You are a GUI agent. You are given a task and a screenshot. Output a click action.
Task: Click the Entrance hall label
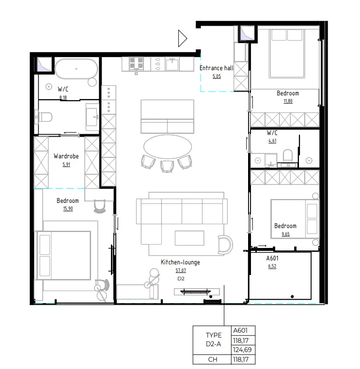tap(216, 68)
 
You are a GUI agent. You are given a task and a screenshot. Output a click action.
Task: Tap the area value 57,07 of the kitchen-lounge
tap(180, 271)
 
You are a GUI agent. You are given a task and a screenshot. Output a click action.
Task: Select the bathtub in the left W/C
tap(76, 69)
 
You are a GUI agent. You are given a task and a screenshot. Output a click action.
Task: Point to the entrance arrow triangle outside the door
tap(182, 38)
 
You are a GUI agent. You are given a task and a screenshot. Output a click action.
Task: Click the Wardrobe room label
tap(66, 156)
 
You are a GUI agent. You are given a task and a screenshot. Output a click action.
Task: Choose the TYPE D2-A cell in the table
tap(213, 340)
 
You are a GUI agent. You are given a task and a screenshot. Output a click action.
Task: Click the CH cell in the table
tap(213, 359)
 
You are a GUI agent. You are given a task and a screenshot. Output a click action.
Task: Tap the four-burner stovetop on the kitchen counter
tap(137, 63)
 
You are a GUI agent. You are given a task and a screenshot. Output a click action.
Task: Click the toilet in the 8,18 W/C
tap(45, 117)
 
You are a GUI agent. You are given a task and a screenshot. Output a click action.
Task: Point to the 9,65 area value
tap(285, 233)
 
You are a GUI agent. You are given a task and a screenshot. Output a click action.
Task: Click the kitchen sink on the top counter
tap(172, 63)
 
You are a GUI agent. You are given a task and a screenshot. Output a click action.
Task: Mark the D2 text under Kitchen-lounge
tap(180, 279)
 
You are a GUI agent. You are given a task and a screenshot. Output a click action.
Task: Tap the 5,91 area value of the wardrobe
tap(66, 164)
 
